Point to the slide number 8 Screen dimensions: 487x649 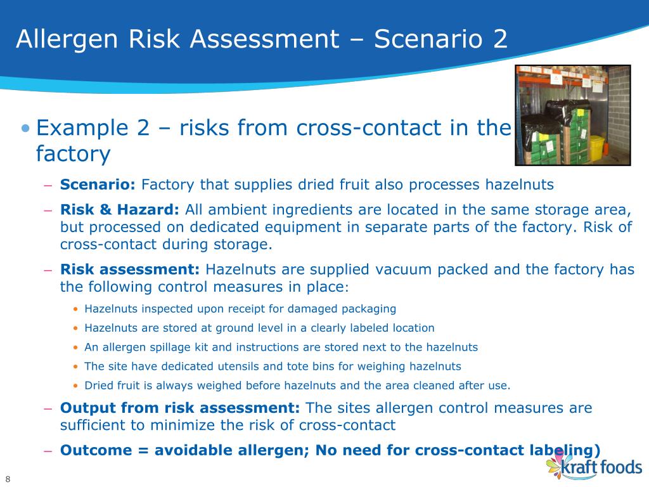point(8,478)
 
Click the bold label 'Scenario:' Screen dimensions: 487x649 point(98,185)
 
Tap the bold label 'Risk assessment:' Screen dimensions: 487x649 point(130,269)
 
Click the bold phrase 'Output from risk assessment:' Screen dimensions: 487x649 point(180,407)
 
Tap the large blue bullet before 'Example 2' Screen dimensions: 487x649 point(25,128)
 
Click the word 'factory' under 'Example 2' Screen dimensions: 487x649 point(73,154)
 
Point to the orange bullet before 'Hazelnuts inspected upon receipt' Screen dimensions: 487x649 point(76,309)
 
